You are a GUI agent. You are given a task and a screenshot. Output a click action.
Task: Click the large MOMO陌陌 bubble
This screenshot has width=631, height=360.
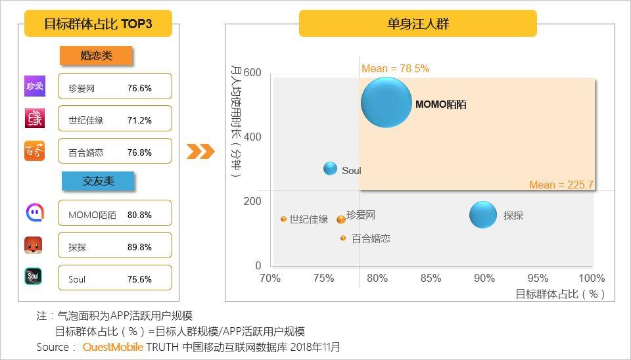pos(386,102)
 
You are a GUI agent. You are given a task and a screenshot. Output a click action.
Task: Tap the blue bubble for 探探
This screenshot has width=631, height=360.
pos(483,215)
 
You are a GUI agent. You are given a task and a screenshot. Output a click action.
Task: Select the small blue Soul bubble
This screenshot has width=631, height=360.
pos(330,169)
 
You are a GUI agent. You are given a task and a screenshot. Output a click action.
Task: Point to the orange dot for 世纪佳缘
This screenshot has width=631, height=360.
pos(283,219)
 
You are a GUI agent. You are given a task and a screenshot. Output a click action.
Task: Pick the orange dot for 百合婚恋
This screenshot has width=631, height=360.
pos(343,238)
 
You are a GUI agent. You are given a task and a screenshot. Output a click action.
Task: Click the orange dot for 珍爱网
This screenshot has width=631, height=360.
pos(340,219)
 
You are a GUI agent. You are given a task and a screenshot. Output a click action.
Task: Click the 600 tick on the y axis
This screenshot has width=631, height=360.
pos(252,72)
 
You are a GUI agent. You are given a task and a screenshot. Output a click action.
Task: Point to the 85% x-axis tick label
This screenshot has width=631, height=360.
pos(431,279)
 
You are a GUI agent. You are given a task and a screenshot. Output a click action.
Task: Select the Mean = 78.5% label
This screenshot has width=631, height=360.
pos(395,68)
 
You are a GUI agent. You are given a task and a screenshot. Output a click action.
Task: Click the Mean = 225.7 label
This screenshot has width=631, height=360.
pos(561,185)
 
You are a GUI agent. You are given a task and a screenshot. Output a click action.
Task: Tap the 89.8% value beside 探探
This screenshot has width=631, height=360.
pos(139,247)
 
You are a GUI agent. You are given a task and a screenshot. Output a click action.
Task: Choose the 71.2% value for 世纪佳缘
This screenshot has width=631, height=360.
pos(139,120)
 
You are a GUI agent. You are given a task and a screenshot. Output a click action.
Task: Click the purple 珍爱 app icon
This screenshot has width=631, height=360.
pos(34,86)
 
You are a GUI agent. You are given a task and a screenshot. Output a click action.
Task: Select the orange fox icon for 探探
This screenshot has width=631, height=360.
pos(34,246)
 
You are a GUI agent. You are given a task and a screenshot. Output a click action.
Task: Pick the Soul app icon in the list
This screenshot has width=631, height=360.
pos(34,277)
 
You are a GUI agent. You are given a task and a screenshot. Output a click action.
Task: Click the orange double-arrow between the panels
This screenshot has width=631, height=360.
pos(200,152)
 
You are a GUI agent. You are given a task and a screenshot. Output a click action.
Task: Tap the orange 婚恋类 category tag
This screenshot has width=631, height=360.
pos(96,56)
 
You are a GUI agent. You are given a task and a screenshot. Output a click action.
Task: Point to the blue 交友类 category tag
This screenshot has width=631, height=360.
pos(97,181)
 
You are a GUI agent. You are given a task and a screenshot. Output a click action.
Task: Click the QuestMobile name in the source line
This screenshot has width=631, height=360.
pos(112,347)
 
